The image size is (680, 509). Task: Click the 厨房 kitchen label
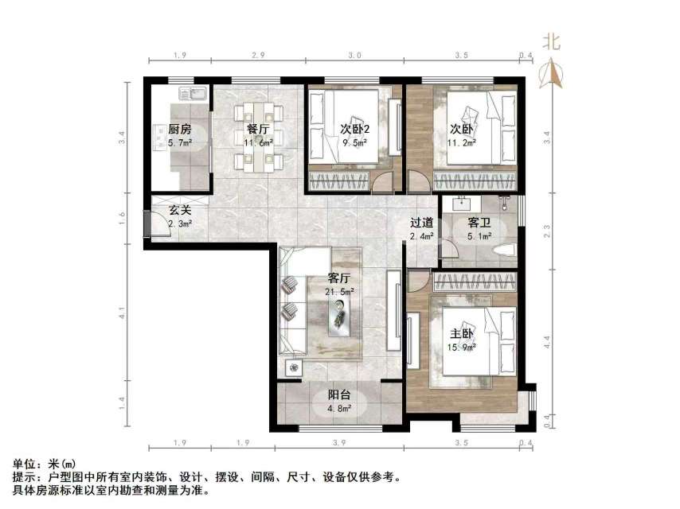(179, 129)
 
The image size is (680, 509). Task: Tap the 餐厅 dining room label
(257, 129)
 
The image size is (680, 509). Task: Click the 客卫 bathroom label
(479, 223)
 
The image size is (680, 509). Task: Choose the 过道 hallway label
(422, 223)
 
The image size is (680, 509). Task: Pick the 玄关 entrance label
(180, 212)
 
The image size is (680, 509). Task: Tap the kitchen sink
(193, 94)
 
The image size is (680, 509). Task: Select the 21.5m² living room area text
(340, 292)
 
